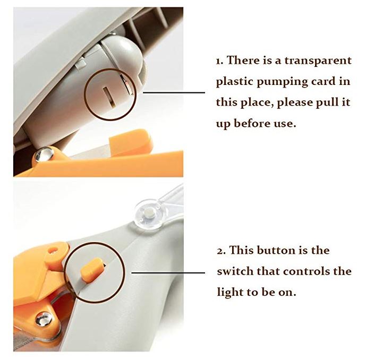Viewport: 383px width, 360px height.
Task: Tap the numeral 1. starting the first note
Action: [219, 61]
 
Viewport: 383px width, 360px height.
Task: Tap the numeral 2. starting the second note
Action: [220, 250]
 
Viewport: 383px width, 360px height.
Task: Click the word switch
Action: [235, 271]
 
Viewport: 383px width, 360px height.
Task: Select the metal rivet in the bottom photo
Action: [44, 319]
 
